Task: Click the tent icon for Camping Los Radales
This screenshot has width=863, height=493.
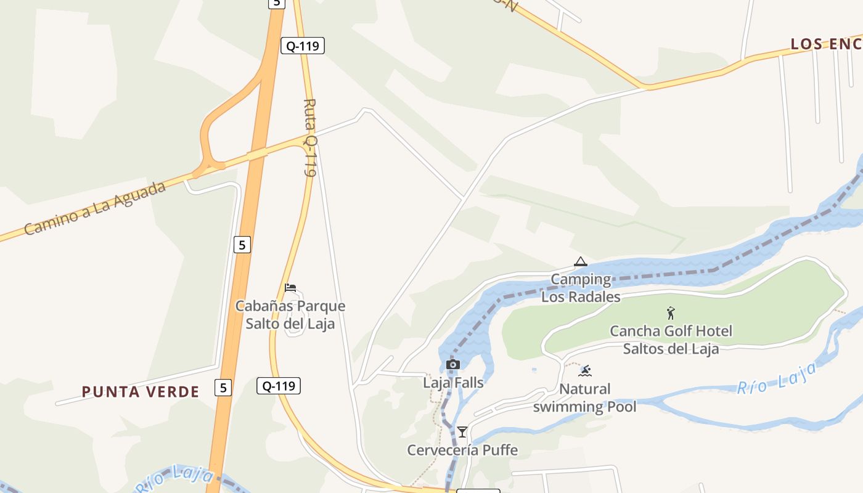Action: pos(580,262)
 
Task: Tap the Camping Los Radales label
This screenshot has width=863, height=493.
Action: pos(581,288)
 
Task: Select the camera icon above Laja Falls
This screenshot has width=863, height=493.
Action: pos(453,365)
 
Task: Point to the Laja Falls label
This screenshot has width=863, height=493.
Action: pos(453,382)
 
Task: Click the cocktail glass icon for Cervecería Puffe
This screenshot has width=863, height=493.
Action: pos(462,431)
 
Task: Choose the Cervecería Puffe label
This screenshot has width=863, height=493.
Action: pos(462,450)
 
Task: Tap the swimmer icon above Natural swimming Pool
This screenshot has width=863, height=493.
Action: pos(585,370)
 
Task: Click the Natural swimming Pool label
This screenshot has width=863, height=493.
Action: pos(584,397)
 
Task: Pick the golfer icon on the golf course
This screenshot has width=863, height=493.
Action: pos(671,313)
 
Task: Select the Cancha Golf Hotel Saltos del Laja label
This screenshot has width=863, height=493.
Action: pos(671,340)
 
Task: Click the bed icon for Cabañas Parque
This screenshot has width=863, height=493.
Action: pos(290,288)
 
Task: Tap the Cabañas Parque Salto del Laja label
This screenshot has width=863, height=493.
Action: pos(290,314)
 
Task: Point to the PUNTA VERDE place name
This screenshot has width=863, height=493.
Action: pos(141,392)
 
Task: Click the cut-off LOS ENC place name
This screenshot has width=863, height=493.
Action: pos(826,44)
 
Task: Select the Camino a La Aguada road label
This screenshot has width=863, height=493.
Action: pos(96,208)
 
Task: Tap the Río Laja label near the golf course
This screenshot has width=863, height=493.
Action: pos(777,378)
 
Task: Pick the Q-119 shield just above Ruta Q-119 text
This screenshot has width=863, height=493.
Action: pos(303,46)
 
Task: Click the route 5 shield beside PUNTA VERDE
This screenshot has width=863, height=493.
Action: pos(223,388)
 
